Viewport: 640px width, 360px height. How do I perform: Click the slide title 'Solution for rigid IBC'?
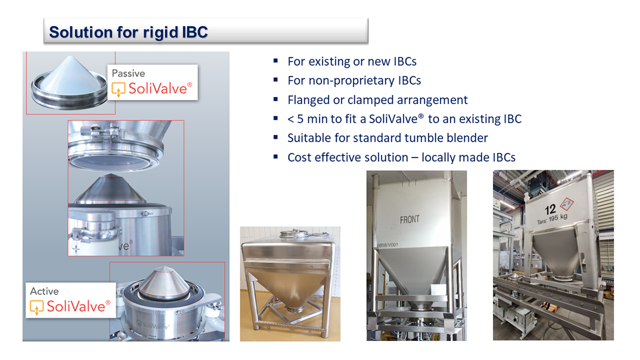(128, 32)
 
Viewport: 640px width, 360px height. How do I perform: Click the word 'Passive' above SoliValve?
(128, 73)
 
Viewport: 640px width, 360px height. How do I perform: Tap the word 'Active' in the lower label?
(44, 291)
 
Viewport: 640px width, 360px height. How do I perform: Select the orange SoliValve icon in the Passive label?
(118, 89)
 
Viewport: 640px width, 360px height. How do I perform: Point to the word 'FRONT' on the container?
(410, 220)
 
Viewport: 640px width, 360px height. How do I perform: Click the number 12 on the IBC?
(550, 210)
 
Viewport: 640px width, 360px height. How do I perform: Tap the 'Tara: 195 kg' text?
(552, 219)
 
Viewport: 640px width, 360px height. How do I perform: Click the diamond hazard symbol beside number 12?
(567, 204)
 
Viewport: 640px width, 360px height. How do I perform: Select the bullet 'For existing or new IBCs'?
(352, 62)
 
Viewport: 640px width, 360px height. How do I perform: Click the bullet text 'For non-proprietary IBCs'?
(354, 81)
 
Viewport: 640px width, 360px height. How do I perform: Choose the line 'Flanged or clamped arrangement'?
(377, 100)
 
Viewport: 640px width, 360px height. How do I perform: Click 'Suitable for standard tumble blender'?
(388, 138)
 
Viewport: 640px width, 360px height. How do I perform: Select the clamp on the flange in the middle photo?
(100, 132)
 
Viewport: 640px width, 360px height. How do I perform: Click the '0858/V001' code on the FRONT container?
(388, 245)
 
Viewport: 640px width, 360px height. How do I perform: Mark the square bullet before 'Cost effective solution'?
(276, 156)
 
